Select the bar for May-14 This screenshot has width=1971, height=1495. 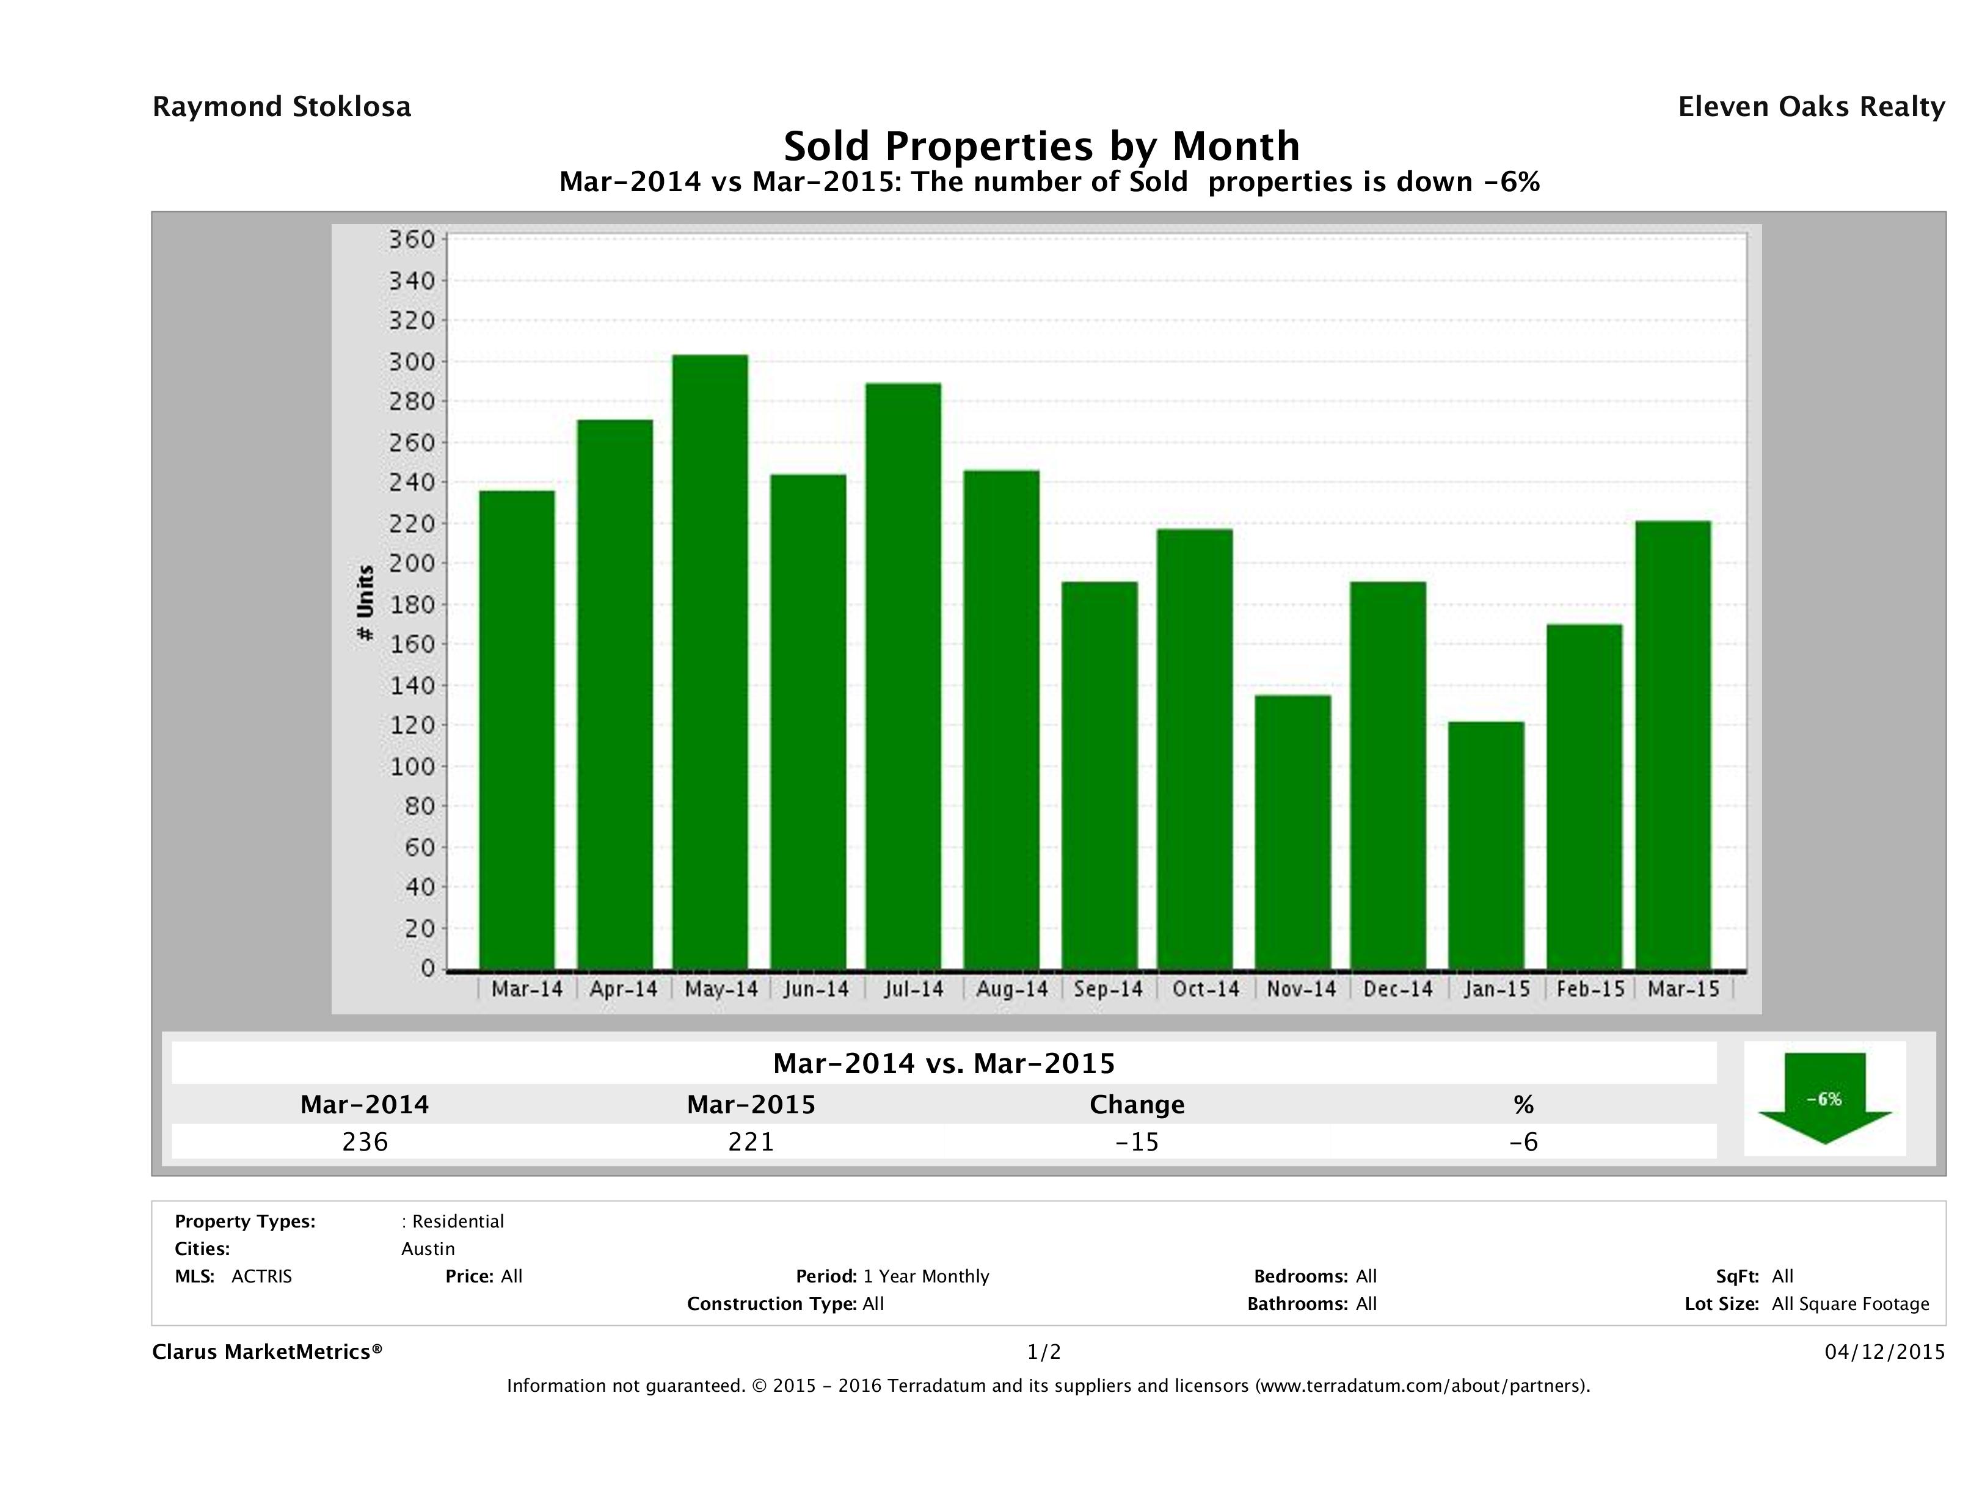[x=710, y=662]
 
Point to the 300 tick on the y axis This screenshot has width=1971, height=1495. [x=412, y=362]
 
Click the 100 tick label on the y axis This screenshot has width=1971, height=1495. [x=412, y=766]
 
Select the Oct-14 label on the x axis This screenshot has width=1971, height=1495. [x=1206, y=989]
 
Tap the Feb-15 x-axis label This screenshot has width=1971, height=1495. [x=1590, y=989]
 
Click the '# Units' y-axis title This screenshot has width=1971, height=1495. [x=365, y=603]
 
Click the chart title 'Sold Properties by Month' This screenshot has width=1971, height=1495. [x=1041, y=145]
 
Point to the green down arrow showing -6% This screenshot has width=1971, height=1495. [x=1824, y=1097]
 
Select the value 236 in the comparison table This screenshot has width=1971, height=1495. [x=365, y=1142]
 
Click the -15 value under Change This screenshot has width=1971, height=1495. [x=1137, y=1142]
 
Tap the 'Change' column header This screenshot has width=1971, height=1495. [x=1137, y=1105]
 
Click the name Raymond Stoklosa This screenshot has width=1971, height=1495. [x=282, y=107]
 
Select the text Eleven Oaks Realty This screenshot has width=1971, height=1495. [x=1810, y=107]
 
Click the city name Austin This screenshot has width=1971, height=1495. [x=428, y=1249]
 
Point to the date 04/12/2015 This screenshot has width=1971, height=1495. [x=1884, y=1353]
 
